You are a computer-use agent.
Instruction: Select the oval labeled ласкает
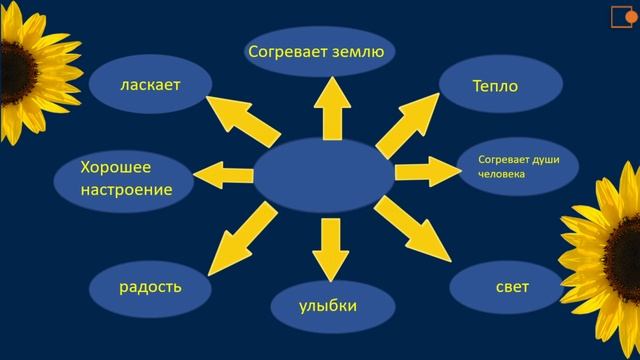coord(149,86)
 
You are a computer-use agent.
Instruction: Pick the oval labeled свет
coord(511,288)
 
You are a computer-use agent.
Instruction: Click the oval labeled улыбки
coord(328,305)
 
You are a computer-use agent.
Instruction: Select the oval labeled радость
coord(150,287)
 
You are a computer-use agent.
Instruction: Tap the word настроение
coord(113,188)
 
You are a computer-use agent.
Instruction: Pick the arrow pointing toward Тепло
coord(406,121)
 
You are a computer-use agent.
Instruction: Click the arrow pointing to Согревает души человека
coord(425,170)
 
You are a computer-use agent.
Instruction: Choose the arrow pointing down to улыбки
coord(326,245)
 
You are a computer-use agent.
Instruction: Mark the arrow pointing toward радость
coord(240,234)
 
